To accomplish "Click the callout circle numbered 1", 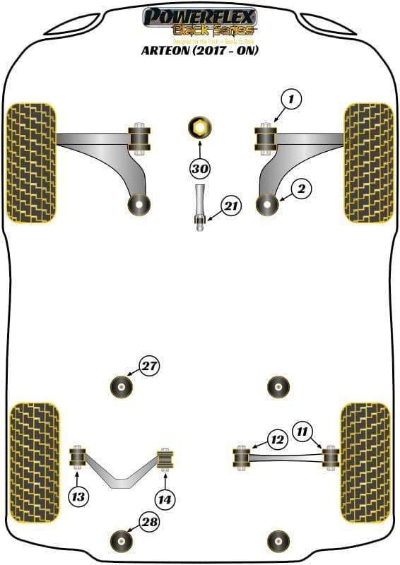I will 289,100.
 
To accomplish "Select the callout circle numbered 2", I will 300,189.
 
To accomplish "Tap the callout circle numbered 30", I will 200,169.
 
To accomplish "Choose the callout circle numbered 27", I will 149,367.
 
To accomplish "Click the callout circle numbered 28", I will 149,523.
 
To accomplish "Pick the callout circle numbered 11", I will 303,430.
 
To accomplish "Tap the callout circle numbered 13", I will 79,497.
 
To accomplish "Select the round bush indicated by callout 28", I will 122,542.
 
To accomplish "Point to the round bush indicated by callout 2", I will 269,204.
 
